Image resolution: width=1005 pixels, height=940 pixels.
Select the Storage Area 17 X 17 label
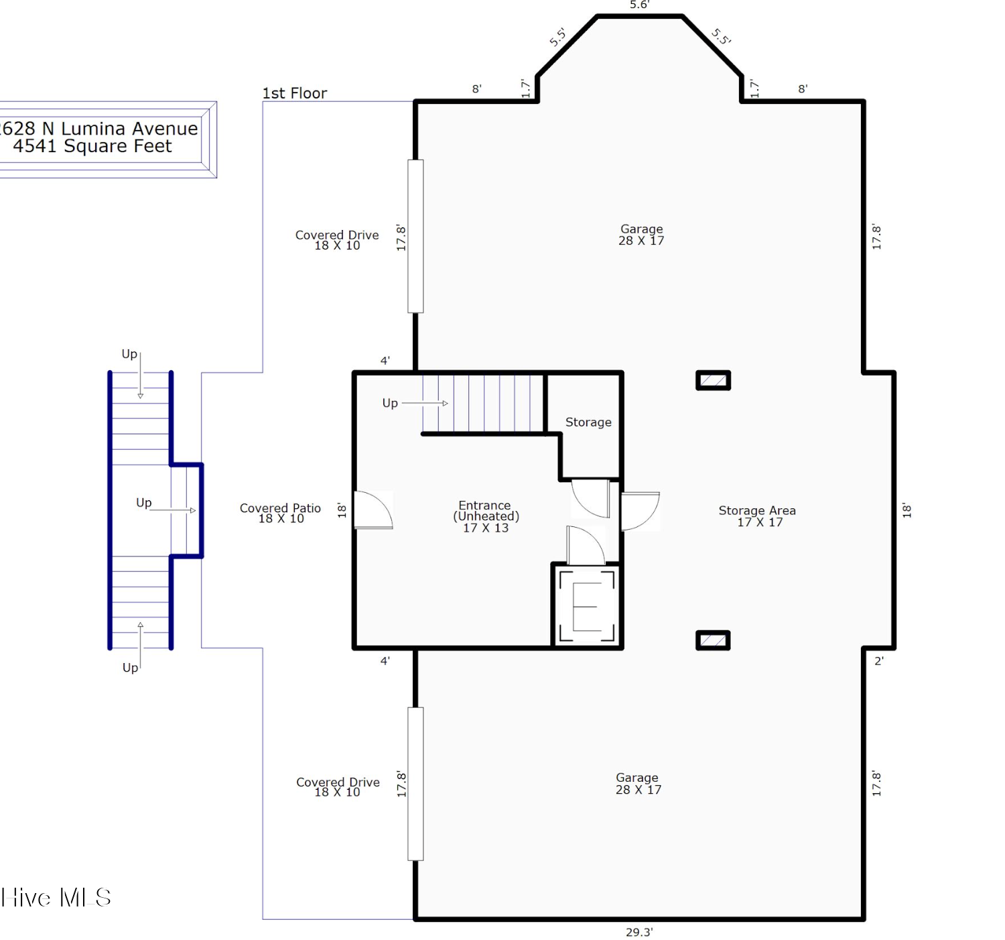(757, 516)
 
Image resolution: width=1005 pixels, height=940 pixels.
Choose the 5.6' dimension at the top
(639, 5)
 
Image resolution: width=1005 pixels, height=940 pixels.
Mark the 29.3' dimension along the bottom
(639, 932)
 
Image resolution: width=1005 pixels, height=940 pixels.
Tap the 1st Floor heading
(295, 93)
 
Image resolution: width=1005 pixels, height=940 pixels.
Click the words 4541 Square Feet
(92, 146)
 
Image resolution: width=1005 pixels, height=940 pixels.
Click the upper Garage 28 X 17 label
(641, 235)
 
